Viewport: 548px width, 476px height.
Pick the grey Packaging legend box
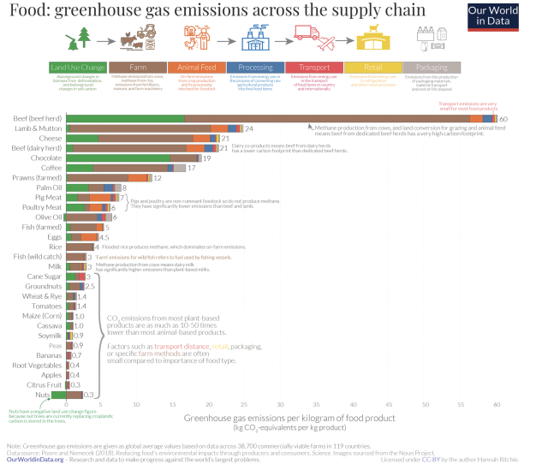(x=432, y=67)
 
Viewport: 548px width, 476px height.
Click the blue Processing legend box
(x=254, y=67)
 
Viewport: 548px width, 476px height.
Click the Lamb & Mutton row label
(x=39, y=128)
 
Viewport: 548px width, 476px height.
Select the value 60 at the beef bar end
(x=503, y=118)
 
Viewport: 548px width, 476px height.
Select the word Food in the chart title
(x=25, y=10)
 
